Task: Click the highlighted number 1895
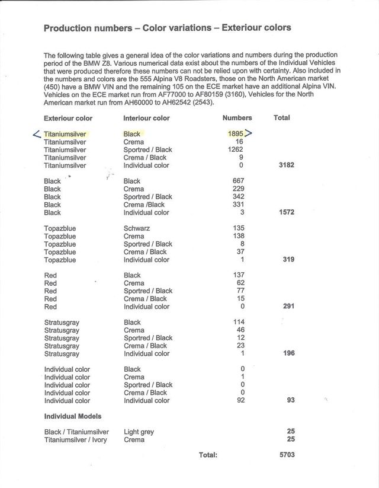[235, 134]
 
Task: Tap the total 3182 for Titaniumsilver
[286, 165]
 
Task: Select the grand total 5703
[286, 455]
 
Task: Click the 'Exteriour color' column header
[68, 118]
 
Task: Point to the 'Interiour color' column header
[146, 118]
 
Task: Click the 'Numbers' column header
[237, 118]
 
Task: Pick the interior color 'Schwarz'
[137, 228]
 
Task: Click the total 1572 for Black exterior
[286, 212]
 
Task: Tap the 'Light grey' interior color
[139, 432]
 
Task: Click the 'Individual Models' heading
[72, 416]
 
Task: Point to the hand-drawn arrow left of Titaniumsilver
[37, 135]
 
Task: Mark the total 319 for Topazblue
[288, 260]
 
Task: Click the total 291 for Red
[288, 307]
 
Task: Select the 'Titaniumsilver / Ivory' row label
[75, 440]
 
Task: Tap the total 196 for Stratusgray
[288, 354]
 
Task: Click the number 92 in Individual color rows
[240, 400]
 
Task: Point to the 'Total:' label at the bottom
[208, 455]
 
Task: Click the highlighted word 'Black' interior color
[132, 134]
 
